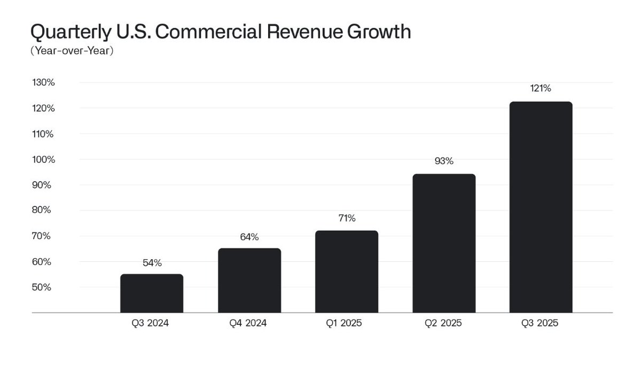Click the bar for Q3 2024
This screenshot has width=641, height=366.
[152, 293]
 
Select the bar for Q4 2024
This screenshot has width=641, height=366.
[249, 281]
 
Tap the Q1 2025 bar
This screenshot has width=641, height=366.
[347, 271]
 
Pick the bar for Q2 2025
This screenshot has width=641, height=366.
[444, 243]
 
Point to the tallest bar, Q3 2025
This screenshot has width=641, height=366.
[541, 207]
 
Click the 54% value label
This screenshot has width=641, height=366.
[152, 263]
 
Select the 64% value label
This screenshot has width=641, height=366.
[249, 237]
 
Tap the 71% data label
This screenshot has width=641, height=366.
[347, 219]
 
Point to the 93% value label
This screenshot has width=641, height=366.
[444, 161]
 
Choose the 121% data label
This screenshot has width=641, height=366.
[541, 88]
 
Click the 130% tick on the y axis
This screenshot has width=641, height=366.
[43, 82]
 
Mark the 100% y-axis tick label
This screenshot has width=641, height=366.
[43, 159]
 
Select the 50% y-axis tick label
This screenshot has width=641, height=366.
[42, 287]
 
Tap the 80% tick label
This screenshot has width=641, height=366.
[42, 210]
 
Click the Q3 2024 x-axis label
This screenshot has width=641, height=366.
[150, 323]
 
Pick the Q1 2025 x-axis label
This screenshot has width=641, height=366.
[344, 323]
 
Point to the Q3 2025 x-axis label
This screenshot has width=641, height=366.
[540, 323]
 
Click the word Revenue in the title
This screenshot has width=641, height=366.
[304, 32]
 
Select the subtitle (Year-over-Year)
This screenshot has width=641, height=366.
[72, 51]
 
